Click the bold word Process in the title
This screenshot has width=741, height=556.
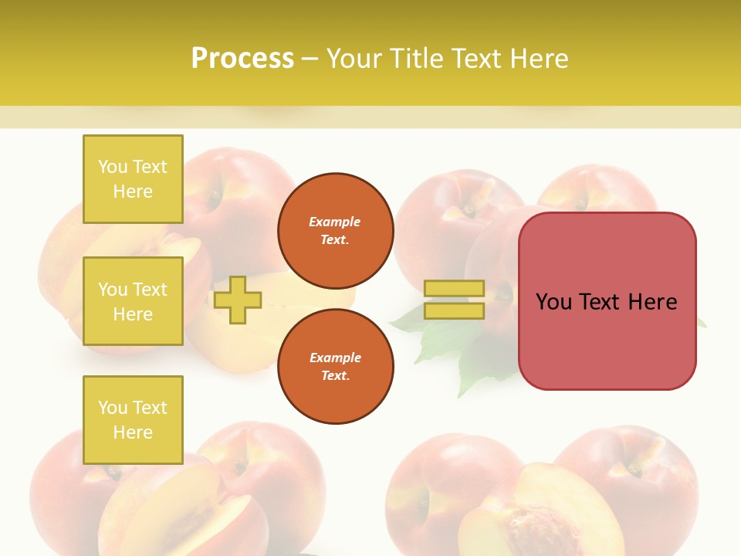pyautogui.click(x=242, y=59)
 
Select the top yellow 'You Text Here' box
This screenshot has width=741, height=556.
pyautogui.click(x=133, y=179)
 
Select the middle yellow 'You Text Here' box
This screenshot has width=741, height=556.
pyautogui.click(x=133, y=301)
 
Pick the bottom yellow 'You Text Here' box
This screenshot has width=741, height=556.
pyautogui.click(x=133, y=419)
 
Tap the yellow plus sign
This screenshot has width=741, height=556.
pyautogui.click(x=238, y=300)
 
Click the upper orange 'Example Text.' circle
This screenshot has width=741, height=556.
pyautogui.click(x=335, y=230)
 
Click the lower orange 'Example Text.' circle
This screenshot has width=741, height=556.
pyautogui.click(x=335, y=366)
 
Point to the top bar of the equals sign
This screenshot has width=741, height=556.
pyautogui.click(x=454, y=288)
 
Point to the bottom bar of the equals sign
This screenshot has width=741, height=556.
pyautogui.click(x=454, y=310)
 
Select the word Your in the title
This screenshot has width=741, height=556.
pyautogui.click(x=355, y=59)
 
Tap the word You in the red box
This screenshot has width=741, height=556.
pyautogui.click(x=553, y=302)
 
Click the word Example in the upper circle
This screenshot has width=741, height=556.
pyautogui.click(x=335, y=222)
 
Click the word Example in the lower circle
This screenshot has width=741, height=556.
pyautogui.click(x=335, y=358)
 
